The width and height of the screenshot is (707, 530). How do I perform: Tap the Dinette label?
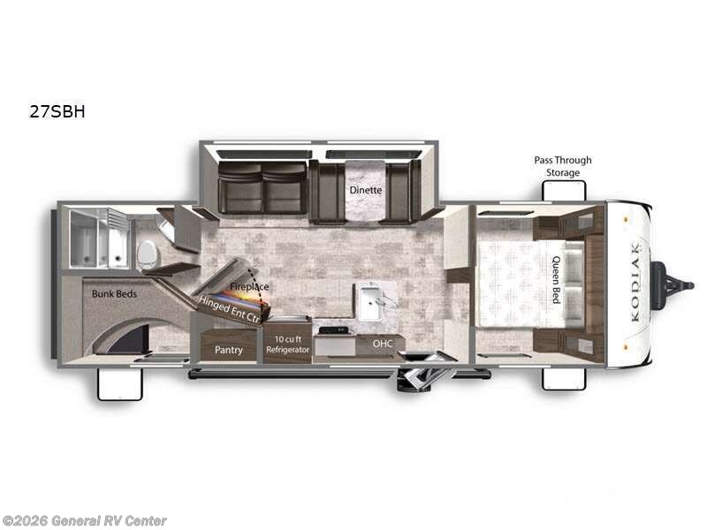(364, 189)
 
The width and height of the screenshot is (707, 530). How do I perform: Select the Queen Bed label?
(556, 280)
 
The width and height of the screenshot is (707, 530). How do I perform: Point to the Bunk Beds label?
(114, 292)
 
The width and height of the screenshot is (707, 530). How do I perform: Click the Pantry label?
(229, 350)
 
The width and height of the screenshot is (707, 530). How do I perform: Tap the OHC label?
(382, 344)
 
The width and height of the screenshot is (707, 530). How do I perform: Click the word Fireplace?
(249, 287)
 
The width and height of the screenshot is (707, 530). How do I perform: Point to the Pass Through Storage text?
(562, 166)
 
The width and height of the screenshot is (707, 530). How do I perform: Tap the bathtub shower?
(99, 238)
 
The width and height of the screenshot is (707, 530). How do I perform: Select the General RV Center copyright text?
(85, 521)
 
